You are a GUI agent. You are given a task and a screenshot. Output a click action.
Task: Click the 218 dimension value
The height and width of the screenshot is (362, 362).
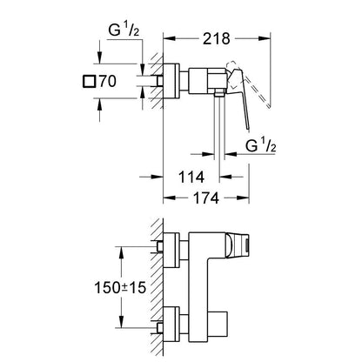tap(216, 38)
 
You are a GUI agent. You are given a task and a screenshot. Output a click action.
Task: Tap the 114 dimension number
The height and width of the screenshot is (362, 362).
tap(191, 177)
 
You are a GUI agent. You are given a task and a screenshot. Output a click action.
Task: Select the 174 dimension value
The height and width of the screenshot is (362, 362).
tap(206, 198)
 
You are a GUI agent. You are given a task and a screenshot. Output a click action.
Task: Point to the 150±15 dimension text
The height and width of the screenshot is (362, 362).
tap(120, 287)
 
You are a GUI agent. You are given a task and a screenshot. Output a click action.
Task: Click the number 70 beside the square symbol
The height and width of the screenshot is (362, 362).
tap(108, 81)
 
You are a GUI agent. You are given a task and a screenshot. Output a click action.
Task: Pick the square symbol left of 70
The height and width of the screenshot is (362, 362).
tap(89, 81)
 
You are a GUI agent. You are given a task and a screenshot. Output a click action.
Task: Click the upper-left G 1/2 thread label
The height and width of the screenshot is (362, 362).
tap(124, 30)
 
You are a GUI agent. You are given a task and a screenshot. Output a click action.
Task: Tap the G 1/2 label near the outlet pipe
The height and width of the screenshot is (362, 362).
tap(261, 146)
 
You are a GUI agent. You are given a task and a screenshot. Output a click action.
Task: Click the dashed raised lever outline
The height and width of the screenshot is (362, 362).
tap(249, 84)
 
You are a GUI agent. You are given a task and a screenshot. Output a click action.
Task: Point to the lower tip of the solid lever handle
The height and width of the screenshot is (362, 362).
tap(248, 129)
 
